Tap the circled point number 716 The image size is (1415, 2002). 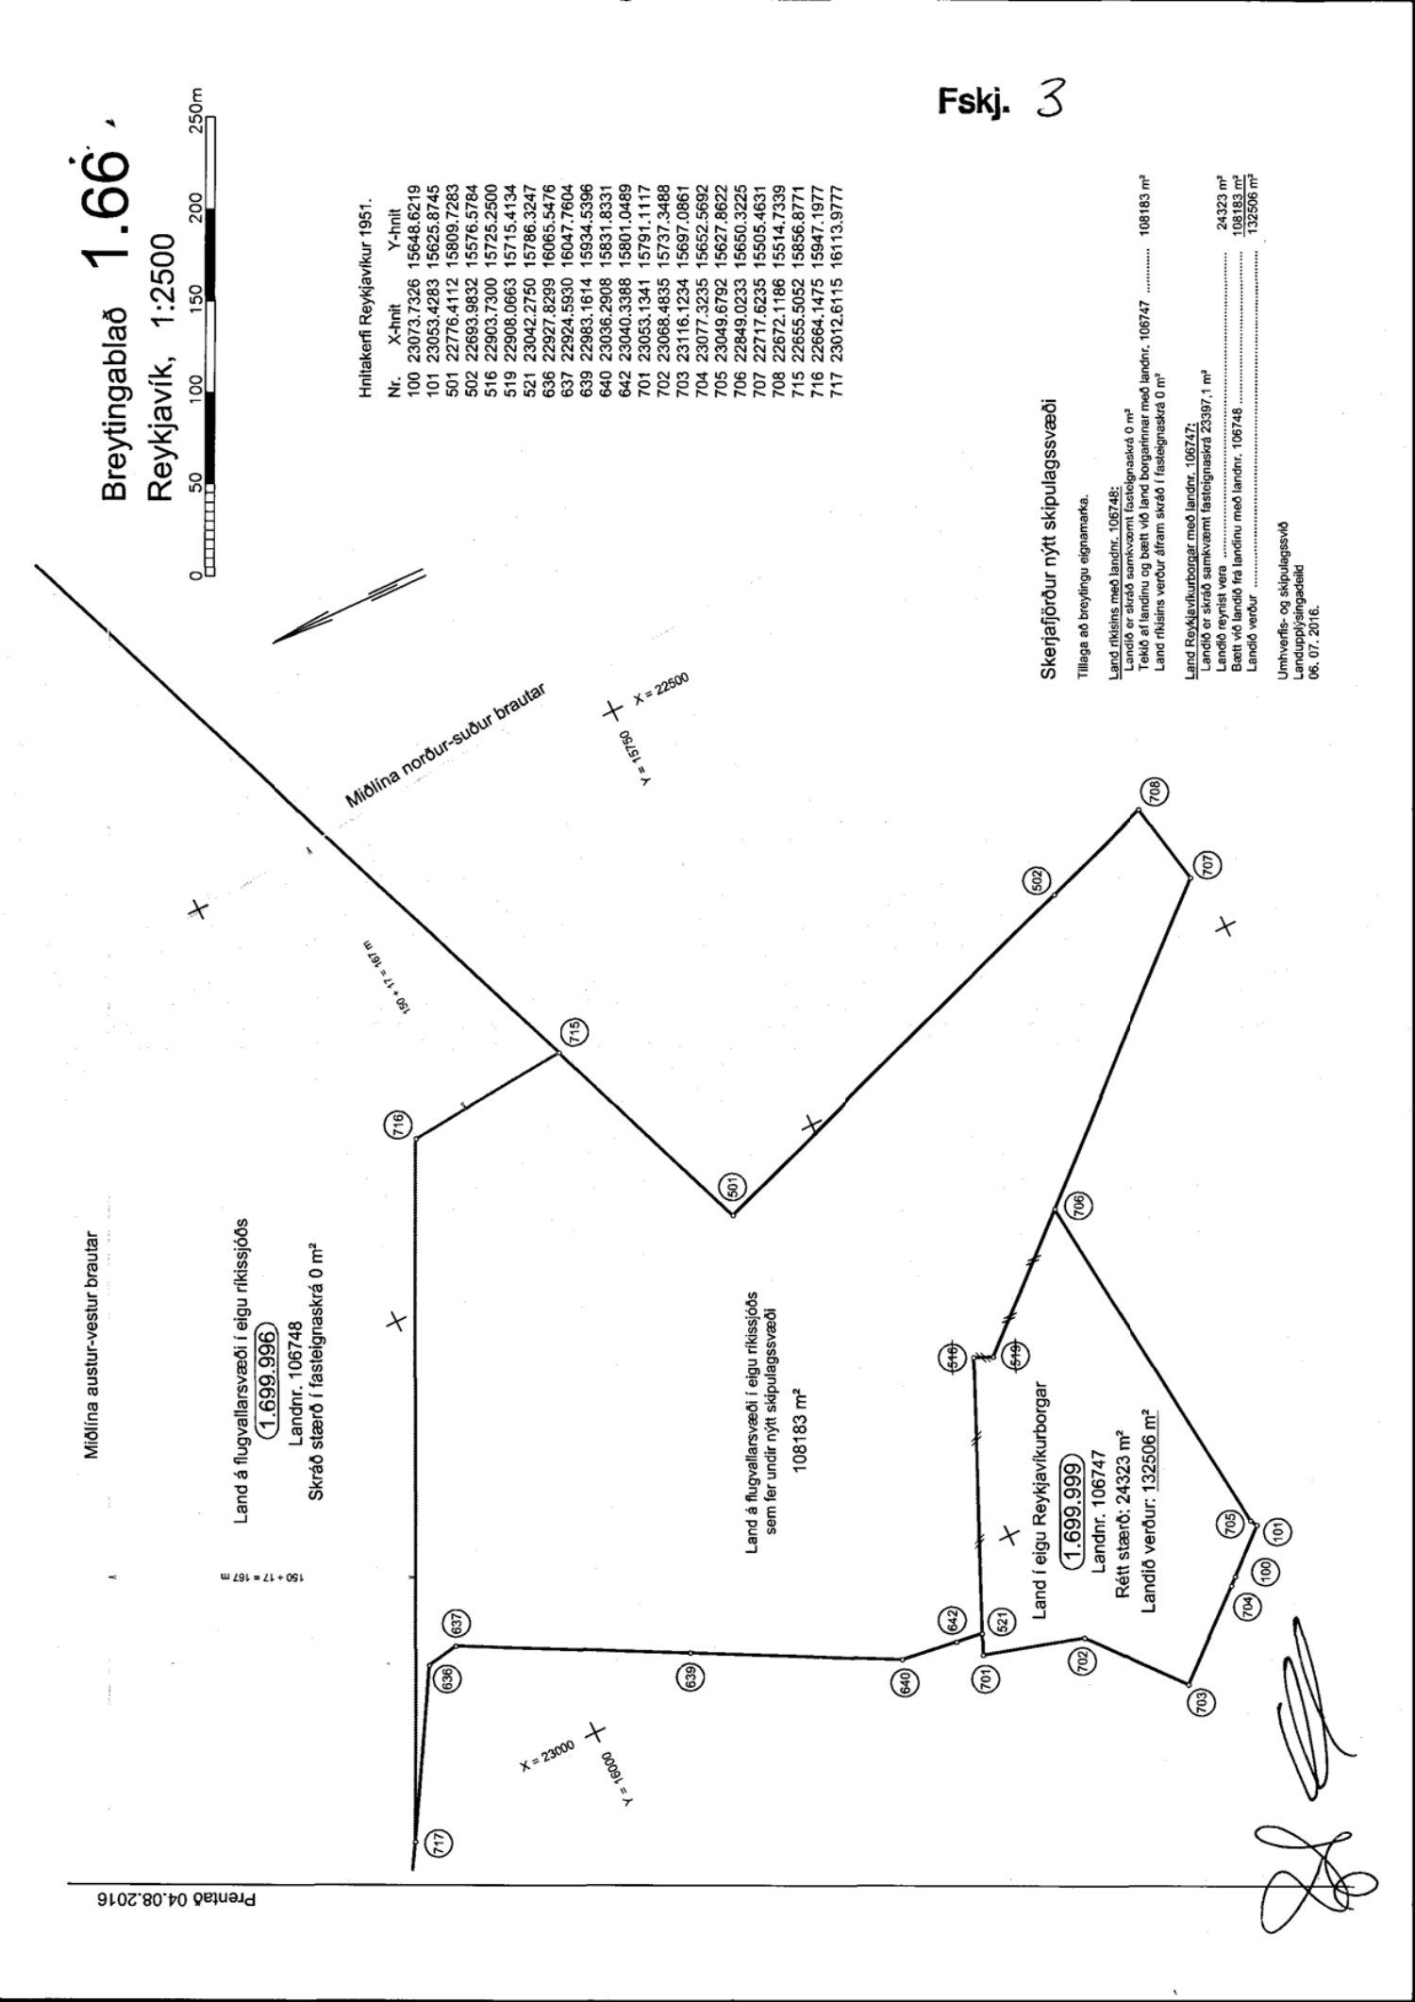pyautogui.click(x=398, y=1125)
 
